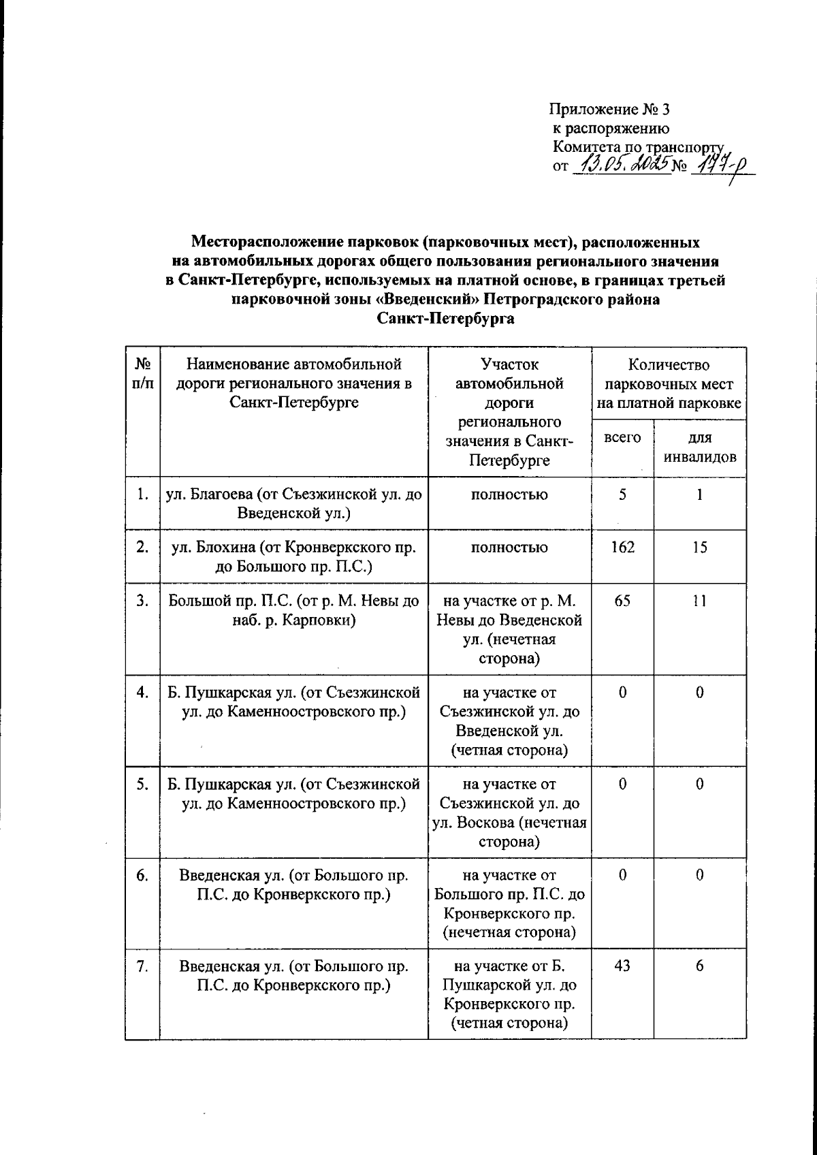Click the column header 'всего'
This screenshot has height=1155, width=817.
pos(622,438)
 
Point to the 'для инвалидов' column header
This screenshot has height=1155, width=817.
pos(699,447)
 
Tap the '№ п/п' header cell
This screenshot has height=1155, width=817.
pos(142,374)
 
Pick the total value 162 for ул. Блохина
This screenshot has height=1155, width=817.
pos(622,547)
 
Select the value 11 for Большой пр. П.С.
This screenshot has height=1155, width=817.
pos(699,601)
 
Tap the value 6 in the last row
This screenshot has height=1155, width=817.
pos(699,966)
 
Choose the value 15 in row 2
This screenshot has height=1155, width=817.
pos(699,547)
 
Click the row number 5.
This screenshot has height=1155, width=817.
pos(142,785)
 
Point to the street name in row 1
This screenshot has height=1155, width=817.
pos(293,504)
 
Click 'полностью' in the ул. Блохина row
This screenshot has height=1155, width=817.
pos(509,547)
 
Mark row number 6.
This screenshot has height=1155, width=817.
pos(142,876)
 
